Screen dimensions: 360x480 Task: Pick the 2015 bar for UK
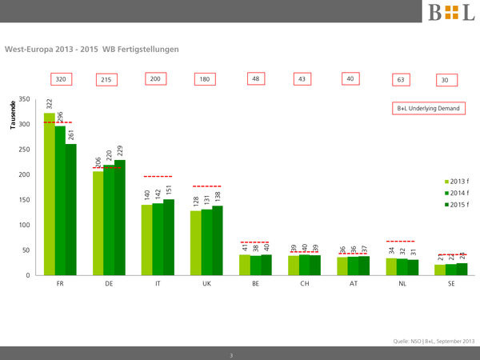(218, 241)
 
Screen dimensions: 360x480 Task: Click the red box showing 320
(60, 79)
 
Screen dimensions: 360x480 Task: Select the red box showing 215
(106, 80)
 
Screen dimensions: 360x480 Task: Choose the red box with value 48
(257, 79)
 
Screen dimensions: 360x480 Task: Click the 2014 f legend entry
(457, 193)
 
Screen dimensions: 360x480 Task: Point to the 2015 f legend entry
(457, 206)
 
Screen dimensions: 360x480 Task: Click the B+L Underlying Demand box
(429, 108)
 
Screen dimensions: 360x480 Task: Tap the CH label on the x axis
(304, 284)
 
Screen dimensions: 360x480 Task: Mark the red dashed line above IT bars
(158, 176)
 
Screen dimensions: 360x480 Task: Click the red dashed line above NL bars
(401, 241)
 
